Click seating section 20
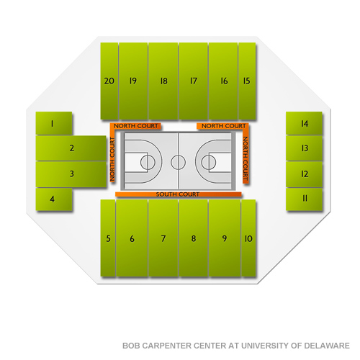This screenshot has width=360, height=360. pyautogui.click(x=109, y=81)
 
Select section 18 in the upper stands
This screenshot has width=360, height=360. pyautogui.click(x=163, y=81)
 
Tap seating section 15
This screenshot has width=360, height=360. pyautogui.click(x=247, y=81)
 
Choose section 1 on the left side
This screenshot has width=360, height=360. pyautogui.click(x=54, y=123)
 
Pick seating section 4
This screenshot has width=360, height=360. pyautogui.click(x=54, y=199)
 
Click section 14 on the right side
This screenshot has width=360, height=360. pyautogui.click(x=304, y=123)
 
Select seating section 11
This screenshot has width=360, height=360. pyautogui.click(x=304, y=199)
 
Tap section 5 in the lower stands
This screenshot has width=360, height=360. pyautogui.click(x=108, y=238)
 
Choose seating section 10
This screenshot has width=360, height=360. pyautogui.click(x=248, y=238)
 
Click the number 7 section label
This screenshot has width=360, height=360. pyautogui.click(x=163, y=238)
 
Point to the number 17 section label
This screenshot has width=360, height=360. pyautogui.click(x=194, y=81)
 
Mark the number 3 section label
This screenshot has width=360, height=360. pyautogui.click(x=71, y=174)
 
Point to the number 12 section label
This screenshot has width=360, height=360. pyautogui.click(x=305, y=174)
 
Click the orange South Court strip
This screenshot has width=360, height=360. pyautogui.click(x=179, y=194)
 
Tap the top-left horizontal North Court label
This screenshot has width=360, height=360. pyautogui.click(x=135, y=126)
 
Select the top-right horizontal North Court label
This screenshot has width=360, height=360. pyautogui.click(x=224, y=126)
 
